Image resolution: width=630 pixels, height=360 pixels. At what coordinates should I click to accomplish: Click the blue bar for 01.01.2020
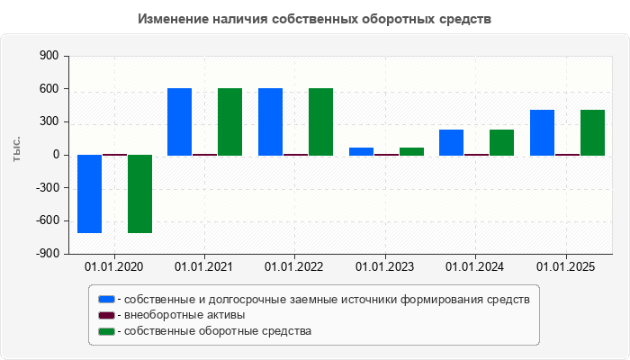(x=89, y=193)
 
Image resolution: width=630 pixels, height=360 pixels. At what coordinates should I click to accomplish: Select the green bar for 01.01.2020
(x=139, y=193)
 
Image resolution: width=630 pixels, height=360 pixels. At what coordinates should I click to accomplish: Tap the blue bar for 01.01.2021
(x=179, y=121)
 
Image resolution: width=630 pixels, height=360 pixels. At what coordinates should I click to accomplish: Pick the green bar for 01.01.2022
(x=320, y=121)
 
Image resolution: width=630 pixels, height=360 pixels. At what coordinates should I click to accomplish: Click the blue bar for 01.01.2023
(x=361, y=151)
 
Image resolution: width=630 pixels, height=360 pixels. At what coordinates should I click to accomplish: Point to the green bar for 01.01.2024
(x=501, y=142)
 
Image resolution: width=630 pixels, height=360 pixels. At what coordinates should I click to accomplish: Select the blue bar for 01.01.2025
(x=542, y=132)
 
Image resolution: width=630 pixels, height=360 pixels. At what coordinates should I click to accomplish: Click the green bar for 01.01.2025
(x=592, y=132)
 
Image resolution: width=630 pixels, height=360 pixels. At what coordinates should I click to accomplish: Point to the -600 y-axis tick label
(x=46, y=220)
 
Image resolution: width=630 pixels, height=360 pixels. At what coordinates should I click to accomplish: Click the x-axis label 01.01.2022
(x=294, y=266)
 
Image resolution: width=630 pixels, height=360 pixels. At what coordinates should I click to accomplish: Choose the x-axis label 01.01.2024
(x=475, y=266)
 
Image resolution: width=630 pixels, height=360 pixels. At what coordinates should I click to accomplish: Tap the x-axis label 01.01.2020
(x=113, y=266)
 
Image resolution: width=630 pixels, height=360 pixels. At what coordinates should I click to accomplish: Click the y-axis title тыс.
(x=15, y=149)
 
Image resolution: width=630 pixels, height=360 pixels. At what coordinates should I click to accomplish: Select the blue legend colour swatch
(x=106, y=299)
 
